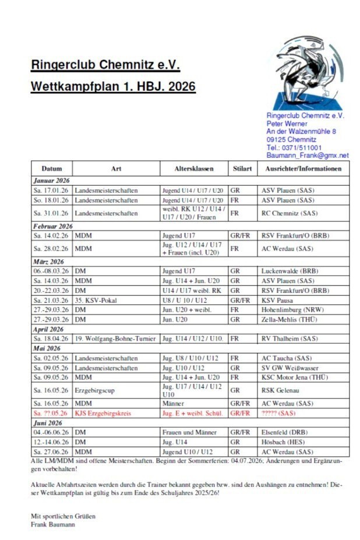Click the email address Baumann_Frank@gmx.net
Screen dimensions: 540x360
307,156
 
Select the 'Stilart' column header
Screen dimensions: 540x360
242,169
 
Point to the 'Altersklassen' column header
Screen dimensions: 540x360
194,169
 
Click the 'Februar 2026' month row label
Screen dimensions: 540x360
53,226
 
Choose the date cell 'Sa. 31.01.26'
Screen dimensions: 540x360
51,213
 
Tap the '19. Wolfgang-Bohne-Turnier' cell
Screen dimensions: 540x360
115,338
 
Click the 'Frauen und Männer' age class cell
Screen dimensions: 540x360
189,432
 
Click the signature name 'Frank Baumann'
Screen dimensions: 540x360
53,524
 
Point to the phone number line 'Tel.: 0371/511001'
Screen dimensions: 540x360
294,148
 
